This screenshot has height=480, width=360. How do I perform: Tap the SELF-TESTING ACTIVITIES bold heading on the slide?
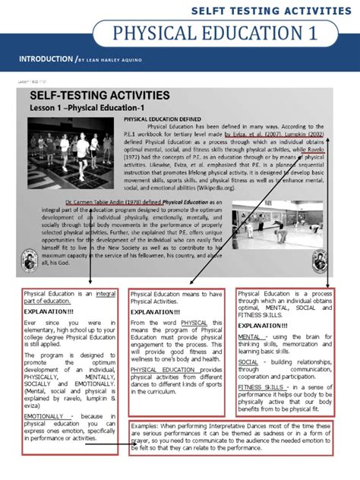(99, 96)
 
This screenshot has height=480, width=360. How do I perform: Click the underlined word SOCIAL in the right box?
(248, 362)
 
